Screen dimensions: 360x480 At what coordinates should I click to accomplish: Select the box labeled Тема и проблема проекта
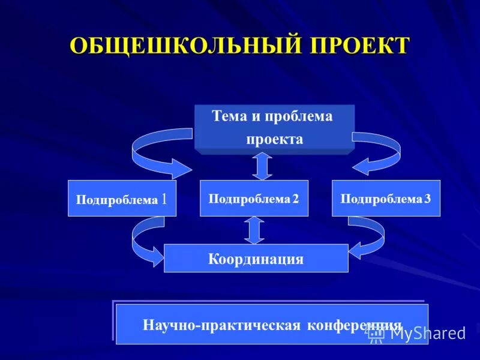pyautogui.click(x=274, y=128)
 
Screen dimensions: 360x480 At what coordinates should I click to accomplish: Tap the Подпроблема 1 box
pyautogui.click(x=122, y=198)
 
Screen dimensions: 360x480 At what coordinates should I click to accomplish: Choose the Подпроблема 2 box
pyautogui.click(x=254, y=198)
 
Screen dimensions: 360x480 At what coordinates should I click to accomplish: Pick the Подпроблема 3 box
pyautogui.click(x=386, y=198)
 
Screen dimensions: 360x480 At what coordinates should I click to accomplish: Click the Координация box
pyautogui.click(x=256, y=259)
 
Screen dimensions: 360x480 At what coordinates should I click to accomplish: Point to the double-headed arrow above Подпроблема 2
pyautogui.click(x=262, y=166)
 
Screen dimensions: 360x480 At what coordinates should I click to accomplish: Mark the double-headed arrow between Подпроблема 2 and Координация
pyautogui.click(x=254, y=230)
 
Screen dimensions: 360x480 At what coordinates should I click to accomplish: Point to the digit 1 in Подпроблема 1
pyautogui.click(x=164, y=199)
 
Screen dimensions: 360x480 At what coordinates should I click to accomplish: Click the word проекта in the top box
pyautogui.click(x=274, y=139)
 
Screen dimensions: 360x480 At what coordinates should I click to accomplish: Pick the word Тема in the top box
pyautogui.click(x=226, y=116)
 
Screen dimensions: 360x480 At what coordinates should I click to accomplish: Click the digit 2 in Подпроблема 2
pyautogui.click(x=295, y=199)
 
